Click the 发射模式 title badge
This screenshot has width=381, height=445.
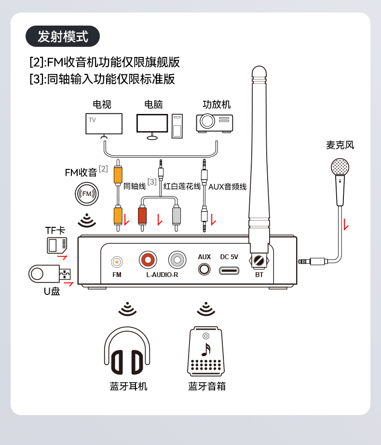[x=63, y=36]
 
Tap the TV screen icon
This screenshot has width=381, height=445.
[x=104, y=124]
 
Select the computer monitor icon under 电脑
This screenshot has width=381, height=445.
[x=152, y=124]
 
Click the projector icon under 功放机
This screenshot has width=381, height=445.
[x=214, y=122]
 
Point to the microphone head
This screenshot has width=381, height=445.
[x=340, y=167]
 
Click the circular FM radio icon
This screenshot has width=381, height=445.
[x=87, y=194]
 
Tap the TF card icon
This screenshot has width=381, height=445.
[x=56, y=245]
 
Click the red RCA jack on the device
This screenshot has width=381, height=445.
[x=148, y=260]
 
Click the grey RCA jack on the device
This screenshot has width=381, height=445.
[x=177, y=260]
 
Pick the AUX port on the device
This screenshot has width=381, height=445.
[x=204, y=269]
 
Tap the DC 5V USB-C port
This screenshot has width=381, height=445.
[x=229, y=270]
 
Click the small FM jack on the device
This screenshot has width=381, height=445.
[x=117, y=262]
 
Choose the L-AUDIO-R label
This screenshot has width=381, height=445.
[x=162, y=275]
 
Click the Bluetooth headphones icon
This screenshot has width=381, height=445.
[x=127, y=351]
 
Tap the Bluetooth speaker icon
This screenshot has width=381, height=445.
[x=206, y=352]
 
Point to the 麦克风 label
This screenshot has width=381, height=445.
[x=340, y=145]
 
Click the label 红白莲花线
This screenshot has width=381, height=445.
[x=182, y=186]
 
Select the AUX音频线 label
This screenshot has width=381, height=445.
[x=227, y=187]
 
